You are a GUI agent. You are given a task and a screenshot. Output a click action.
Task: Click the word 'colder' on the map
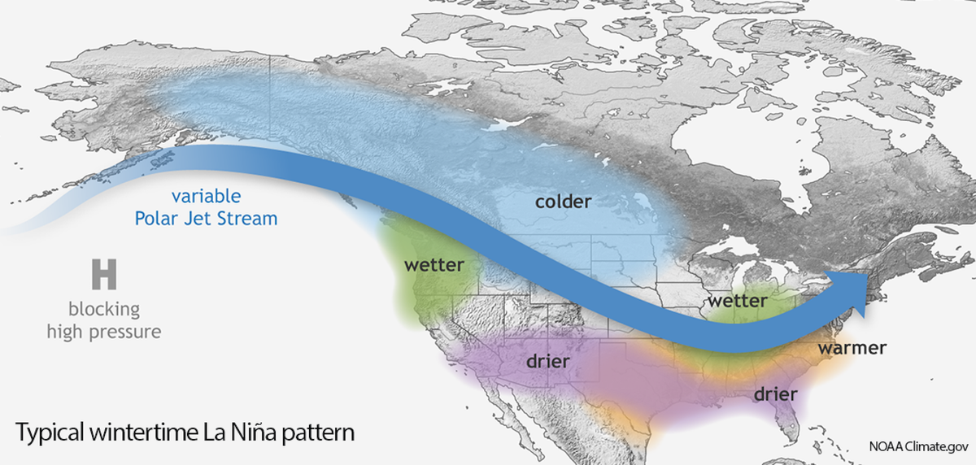coord(563,201)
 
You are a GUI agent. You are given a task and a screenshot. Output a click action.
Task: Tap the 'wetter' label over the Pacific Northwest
coord(434,265)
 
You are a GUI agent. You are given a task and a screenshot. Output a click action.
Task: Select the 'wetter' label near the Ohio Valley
coord(737,301)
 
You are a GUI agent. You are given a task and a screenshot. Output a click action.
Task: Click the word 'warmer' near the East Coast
coord(852,348)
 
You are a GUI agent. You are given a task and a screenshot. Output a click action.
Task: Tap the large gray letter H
coord(104,275)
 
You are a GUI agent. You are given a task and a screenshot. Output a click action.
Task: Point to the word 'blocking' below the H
coord(104,310)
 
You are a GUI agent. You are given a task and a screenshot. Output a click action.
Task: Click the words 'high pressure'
coord(104,331)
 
